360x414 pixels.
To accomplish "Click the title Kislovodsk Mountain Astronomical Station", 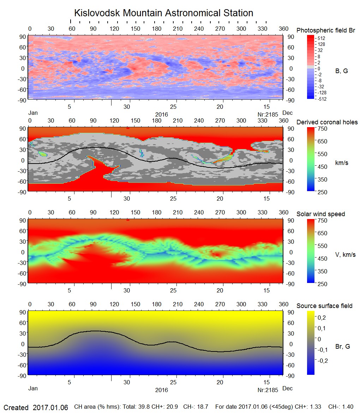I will tap(163, 13).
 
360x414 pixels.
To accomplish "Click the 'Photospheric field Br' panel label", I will tap(325, 30).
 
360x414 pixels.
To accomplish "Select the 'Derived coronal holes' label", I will tap(327, 122).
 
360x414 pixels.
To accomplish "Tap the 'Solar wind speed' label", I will tap(320, 214).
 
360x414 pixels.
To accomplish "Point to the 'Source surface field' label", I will tap(324, 306).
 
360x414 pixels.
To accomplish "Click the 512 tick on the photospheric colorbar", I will tap(321, 38).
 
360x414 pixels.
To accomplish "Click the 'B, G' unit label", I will tap(341, 71).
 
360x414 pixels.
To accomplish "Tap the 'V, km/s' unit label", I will tap(345, 255).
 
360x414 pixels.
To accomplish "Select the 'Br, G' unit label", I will tap(342, 347).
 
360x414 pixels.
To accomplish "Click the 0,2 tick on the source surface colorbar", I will tap(322, 318).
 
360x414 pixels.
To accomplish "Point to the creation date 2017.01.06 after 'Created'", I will tap(50, 408).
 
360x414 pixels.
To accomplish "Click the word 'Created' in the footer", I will tap(16, 408).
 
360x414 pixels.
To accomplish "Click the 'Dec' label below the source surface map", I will tap(287, 389).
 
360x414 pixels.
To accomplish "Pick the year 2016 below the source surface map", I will tap(161, 390).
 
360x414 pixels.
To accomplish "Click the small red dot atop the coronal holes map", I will tap(128, 128).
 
